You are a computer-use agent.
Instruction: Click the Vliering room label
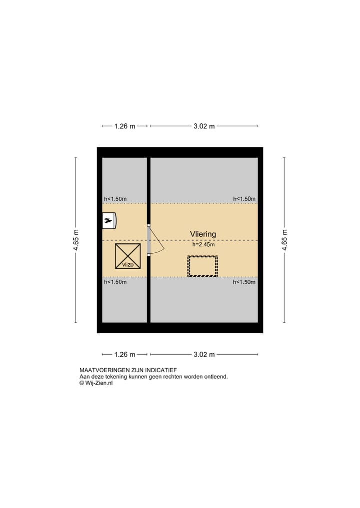click(x=202, y=234)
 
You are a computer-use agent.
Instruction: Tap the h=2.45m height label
click(x=203, y=245)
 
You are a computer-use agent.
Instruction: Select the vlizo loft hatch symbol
click(x=127, y=256)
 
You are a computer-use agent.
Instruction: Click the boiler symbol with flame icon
click(x=109, y=220)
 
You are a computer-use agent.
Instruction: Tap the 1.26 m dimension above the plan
click(x=124, y=126)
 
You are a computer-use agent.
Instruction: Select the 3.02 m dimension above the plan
click(x=204, y=126)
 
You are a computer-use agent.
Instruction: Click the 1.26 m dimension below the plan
click(x=124, y=355)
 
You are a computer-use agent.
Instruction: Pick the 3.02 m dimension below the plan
click(x=204, y=355)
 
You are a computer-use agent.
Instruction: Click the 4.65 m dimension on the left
click(x=76, y=240)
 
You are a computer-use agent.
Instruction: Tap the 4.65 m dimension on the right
click(x=284, y=240)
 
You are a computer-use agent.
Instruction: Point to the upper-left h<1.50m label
click(x=115, y=199)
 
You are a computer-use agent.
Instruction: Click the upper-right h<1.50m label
click(x=244, y=199)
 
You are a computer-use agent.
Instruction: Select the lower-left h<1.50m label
click(x=115, y=282)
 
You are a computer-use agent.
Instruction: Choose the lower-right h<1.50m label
click(x=244, y=282)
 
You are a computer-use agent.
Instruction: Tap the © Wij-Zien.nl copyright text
click(x=96, y=383)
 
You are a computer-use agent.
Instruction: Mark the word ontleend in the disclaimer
click(x=216, y=377)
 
